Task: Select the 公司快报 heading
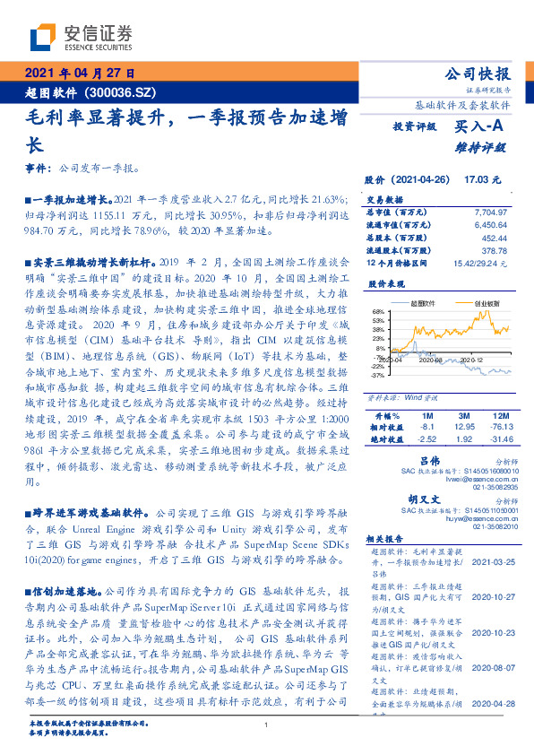click(x=477, y=74)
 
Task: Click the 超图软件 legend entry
click(x=426, y=304)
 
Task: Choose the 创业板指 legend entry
click(x=485, y=304)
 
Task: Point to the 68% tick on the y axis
click(x=379, y=311)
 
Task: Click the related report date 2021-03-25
click(x=487, y=561)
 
